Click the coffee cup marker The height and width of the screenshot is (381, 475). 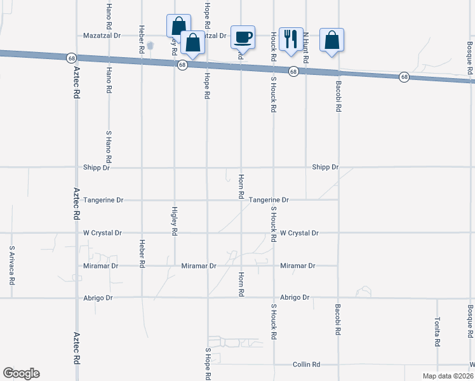coord(243,37)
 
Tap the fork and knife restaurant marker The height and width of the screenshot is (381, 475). coord(291,38)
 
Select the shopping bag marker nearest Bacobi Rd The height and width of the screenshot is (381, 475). coord(331,40)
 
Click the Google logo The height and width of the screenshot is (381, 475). coord(21,373)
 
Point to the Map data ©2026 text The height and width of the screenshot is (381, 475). coord(447,376)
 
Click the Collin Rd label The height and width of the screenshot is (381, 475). coord(306,364)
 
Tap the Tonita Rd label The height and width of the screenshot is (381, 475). coord(438,331)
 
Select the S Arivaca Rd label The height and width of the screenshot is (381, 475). coord(11,264)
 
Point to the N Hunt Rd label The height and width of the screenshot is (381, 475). coord(305,48)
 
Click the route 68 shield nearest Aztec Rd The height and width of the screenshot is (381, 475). coord(70,58)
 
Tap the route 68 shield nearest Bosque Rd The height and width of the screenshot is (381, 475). coord(404,77)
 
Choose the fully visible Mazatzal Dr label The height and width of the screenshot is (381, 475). coord(102,36)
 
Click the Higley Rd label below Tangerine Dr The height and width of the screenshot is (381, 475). coord(174,220)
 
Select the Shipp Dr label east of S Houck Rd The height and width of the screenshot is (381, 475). coord(325,167)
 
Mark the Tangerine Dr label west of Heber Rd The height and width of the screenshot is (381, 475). coord(103,200)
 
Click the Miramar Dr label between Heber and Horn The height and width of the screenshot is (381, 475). coord(199,265)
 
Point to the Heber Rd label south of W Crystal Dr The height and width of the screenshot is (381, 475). coord(142,252)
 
